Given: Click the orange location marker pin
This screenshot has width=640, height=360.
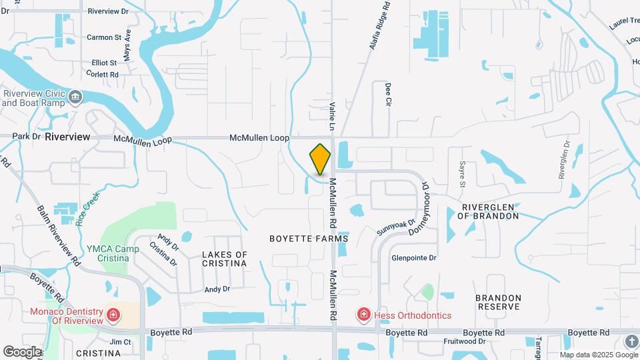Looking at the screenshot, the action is click(x=320, y=159).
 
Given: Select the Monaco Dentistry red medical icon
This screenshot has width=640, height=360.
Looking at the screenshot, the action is click(x=113, y=314).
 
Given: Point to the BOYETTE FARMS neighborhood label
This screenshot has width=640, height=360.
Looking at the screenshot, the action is click(x=309, y=238).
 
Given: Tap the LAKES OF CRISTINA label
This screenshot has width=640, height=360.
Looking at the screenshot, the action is click(x=224, y=259).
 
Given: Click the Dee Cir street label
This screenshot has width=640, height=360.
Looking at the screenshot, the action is click(x=387, y=95).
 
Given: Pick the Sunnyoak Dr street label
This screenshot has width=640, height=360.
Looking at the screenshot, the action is click(x=396, y=227).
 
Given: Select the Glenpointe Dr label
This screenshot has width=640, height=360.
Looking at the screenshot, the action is click(x=413, y=257).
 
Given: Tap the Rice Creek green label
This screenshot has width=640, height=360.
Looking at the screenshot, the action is click(x=86, y=210).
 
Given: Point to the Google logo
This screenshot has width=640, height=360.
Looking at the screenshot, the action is click(x=23, y=351).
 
